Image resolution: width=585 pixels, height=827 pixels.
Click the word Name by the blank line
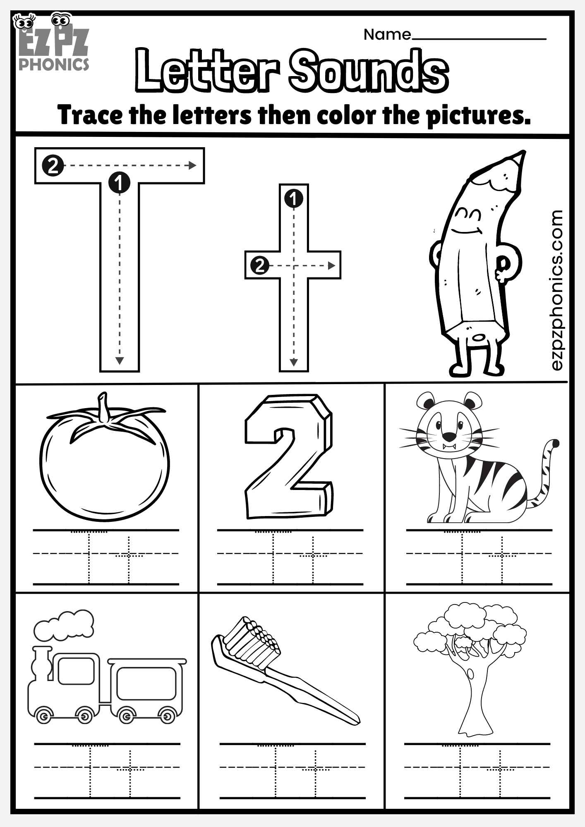387,35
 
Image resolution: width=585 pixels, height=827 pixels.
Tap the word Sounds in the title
368,71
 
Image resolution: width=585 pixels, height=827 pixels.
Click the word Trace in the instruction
90,115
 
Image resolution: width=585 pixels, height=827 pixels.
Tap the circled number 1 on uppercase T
119,182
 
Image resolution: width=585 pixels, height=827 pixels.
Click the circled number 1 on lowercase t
294,199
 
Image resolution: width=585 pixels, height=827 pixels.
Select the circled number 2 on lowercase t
259,265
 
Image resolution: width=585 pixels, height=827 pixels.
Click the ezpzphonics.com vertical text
557,289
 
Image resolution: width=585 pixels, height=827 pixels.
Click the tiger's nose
449,436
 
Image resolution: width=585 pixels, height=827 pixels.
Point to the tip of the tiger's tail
556,444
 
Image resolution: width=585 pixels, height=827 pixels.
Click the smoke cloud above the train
64,625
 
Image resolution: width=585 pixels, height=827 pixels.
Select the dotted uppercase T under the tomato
89,556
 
